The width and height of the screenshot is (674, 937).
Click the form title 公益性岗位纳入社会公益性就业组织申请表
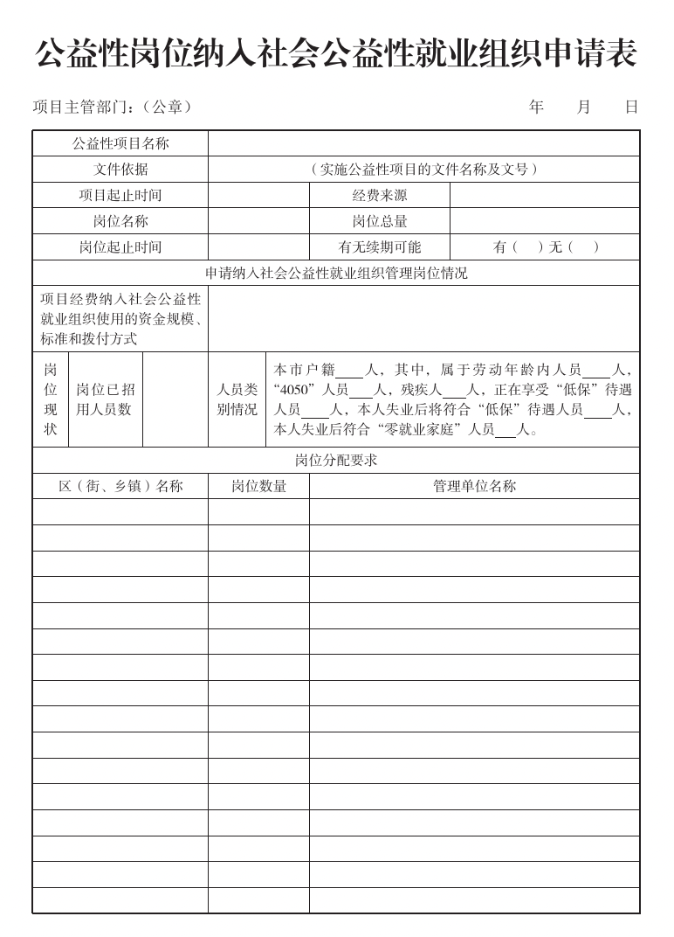(x=336, y=54)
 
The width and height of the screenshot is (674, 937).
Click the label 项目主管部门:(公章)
(x=112, y=108)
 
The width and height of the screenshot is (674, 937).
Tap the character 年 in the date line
(x=536, y=108)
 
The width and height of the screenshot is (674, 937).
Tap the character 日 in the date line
(x=631, y=108)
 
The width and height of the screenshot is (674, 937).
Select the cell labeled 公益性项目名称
(x=120, y=143)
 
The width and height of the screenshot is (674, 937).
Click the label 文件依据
(x=120, y=170)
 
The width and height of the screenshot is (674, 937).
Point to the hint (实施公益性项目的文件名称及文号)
(x=423, y=170)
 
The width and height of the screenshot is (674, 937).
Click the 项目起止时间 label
(x=120, y=196)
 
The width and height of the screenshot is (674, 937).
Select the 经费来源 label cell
(x=380, y=196)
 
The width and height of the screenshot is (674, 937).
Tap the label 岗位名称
(x=120, y=221)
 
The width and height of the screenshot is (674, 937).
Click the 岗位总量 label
(x=380, y=221)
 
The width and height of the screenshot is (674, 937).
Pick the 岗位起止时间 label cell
(x=120, y=247)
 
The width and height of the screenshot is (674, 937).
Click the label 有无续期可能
(x=380, y=247)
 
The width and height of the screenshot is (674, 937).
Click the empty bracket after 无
(x=584, y=247)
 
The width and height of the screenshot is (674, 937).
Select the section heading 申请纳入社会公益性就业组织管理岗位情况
(x=336, y=273)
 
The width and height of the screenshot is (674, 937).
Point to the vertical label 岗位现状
(x=51, y=399)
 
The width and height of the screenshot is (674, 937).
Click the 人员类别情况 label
(x=237, y=399)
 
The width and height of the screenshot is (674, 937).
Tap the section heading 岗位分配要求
(x=336, y=461)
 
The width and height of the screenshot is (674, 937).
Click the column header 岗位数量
(x=258, y=486)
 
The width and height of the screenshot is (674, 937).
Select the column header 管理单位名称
(x=474, y=486)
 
